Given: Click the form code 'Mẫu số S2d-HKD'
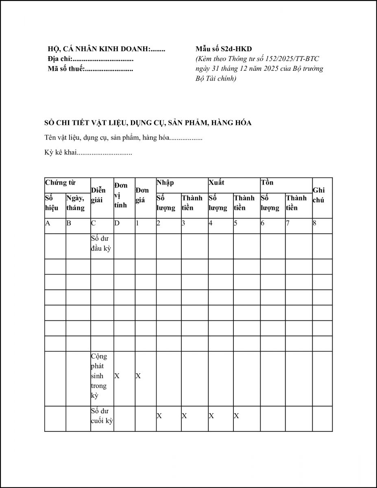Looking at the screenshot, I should point(224,49).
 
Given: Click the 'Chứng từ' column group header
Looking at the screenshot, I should point(61,183).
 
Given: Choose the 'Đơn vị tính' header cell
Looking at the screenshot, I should point(121,195).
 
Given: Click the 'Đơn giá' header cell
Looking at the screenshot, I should point(142,195).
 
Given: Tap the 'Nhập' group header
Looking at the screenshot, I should point(165,183).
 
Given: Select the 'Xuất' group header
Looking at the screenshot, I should point(216,183).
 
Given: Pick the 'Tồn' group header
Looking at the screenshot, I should point(267,183).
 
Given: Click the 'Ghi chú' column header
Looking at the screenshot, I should point(319,195).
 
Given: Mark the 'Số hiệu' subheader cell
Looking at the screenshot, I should point(52,203).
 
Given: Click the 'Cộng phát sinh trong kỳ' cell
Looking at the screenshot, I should point(99,376).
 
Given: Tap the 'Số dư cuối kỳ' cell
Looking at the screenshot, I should point(101,416).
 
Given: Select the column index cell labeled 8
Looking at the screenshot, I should point(315,223).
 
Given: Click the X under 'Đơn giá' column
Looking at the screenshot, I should point(138,376).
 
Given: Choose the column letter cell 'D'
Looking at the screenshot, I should point(117,223).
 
